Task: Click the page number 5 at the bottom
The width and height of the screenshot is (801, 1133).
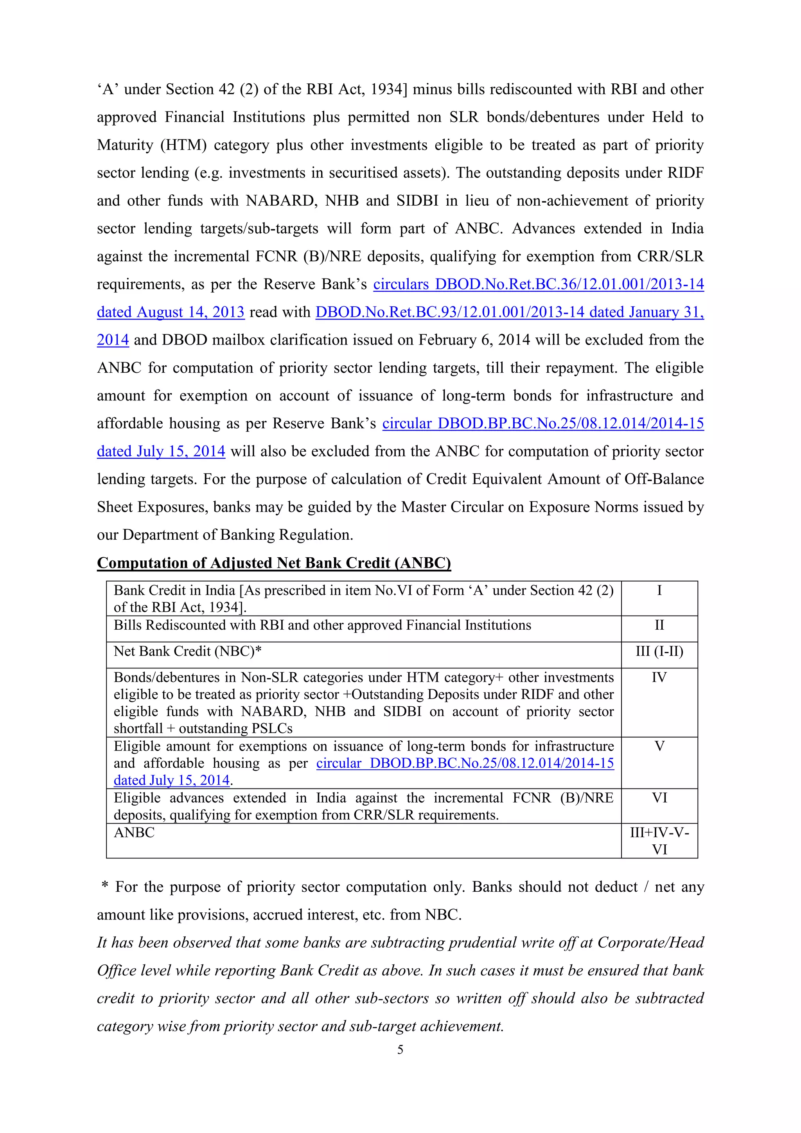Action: coord(400,1050)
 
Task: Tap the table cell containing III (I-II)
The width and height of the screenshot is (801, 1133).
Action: coord(659,652)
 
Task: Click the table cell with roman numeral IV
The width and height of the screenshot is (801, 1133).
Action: coord(659,677)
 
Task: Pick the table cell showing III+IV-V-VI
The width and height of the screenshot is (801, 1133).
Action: coord(659,841)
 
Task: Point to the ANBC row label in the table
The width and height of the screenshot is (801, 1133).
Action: coord(134,833)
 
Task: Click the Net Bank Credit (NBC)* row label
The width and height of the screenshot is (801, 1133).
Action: coord(188,652)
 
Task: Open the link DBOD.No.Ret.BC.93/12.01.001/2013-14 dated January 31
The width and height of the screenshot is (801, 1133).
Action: coord(509,312)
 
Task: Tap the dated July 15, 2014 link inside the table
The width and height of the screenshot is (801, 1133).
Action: coord(172,780)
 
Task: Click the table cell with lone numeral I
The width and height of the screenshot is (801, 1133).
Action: coord(659,591)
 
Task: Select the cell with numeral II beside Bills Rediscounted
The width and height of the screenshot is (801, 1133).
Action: coord(659,625)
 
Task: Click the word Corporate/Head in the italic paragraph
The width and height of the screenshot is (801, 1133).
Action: coord(650,943)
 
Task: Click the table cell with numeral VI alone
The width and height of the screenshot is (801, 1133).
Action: coord(659,798)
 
